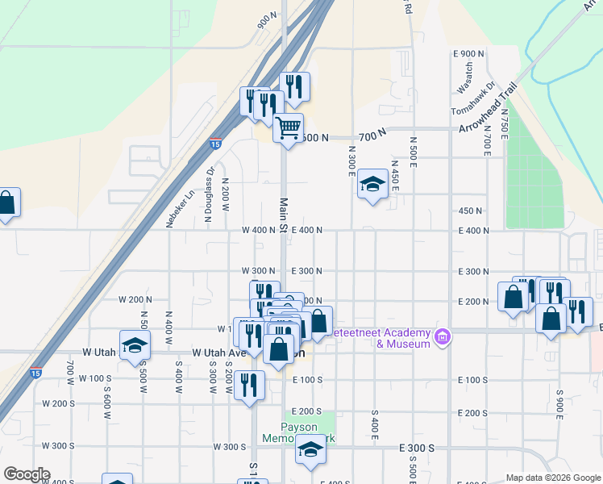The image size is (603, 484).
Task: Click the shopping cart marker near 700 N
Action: (288, 127)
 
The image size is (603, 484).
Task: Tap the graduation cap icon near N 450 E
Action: (372, 185)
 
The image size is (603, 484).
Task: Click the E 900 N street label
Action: (469, 54)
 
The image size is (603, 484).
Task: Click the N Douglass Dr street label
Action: (208, 194)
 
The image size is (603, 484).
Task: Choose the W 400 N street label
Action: (259, 230)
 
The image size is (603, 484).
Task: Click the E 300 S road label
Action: (417, 447)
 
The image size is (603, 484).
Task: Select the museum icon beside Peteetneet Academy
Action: (442, 336)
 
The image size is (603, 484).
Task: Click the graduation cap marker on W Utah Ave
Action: (135, 345)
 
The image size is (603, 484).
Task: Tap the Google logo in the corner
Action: (27, 474)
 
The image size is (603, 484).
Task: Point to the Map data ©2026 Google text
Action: (553, 478)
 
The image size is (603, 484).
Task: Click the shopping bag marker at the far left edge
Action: (6, 204)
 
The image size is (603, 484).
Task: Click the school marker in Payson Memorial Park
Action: (310, 451)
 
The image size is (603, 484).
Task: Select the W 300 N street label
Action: (259, 271)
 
